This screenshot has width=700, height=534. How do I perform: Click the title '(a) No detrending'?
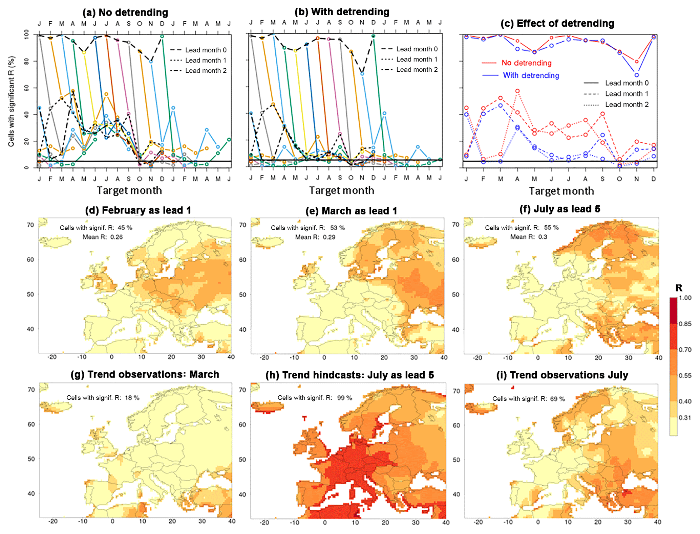125,13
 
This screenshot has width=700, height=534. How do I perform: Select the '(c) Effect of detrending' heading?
557,23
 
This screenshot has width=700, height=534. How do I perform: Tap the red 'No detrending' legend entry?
526,63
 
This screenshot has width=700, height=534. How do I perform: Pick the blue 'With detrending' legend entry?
531,75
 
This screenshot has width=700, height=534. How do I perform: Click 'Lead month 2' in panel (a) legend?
206,71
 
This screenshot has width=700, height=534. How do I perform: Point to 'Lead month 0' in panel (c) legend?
627,83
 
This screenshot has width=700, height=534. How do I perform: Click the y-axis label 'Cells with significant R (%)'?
11,101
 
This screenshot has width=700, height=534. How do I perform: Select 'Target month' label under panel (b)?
341,190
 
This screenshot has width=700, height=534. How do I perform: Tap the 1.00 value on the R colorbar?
685,298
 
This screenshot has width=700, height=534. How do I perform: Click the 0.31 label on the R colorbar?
685,418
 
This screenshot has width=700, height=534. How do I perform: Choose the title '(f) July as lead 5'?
560,209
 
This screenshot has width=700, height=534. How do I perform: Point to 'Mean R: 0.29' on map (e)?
315,237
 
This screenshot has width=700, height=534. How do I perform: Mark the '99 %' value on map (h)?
344,398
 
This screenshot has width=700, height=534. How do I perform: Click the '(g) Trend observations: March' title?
145,375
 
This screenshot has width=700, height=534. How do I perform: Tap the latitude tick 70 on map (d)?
30,225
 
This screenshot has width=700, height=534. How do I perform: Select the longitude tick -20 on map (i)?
478,522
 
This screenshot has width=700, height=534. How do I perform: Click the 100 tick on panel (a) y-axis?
26,34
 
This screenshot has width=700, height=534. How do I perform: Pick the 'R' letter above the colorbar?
679,288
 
